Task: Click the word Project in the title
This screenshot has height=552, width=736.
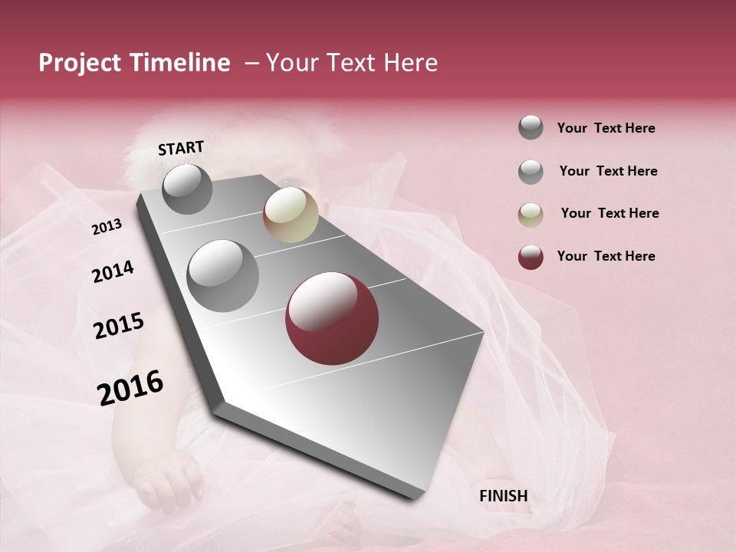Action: pyautogui.click(x=80, y=63)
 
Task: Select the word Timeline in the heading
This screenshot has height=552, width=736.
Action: pyautogui.click(x=179, y=63)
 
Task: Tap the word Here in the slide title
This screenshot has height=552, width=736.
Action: pyautogui.click(x=410, y=63)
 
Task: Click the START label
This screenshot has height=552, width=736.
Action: pyautogui.click(x=181, y=148)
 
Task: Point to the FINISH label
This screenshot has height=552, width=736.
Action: pyautogui.click(x=504, y=496)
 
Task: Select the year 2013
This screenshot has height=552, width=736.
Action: pyautogui.click(x=107, y=227)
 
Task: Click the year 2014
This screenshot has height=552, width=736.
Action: pyautogui.click(x=113, y=271)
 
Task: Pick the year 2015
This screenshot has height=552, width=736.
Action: pyautogui.click(x=119, y=325)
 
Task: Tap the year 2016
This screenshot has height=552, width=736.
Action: pyautogui.click(x=130, y=387)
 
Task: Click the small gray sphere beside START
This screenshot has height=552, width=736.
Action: pyautogui.click(x=187, y=189)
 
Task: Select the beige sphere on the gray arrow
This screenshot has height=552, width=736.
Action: pyautogui.click(x=291, y=215)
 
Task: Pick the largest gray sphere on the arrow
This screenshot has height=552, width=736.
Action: pyautogui.click(x=223, y=275)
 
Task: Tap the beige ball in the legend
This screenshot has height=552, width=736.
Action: pyautogui.click(x=531, y=215)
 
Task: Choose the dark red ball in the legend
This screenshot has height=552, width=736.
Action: pyautogui.click(x=531, y=257)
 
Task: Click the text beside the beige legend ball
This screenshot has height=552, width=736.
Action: pyautogui.click(x=609, y=213)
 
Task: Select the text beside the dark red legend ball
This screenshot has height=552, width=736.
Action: pyautogui.click(x=606, y=256)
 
